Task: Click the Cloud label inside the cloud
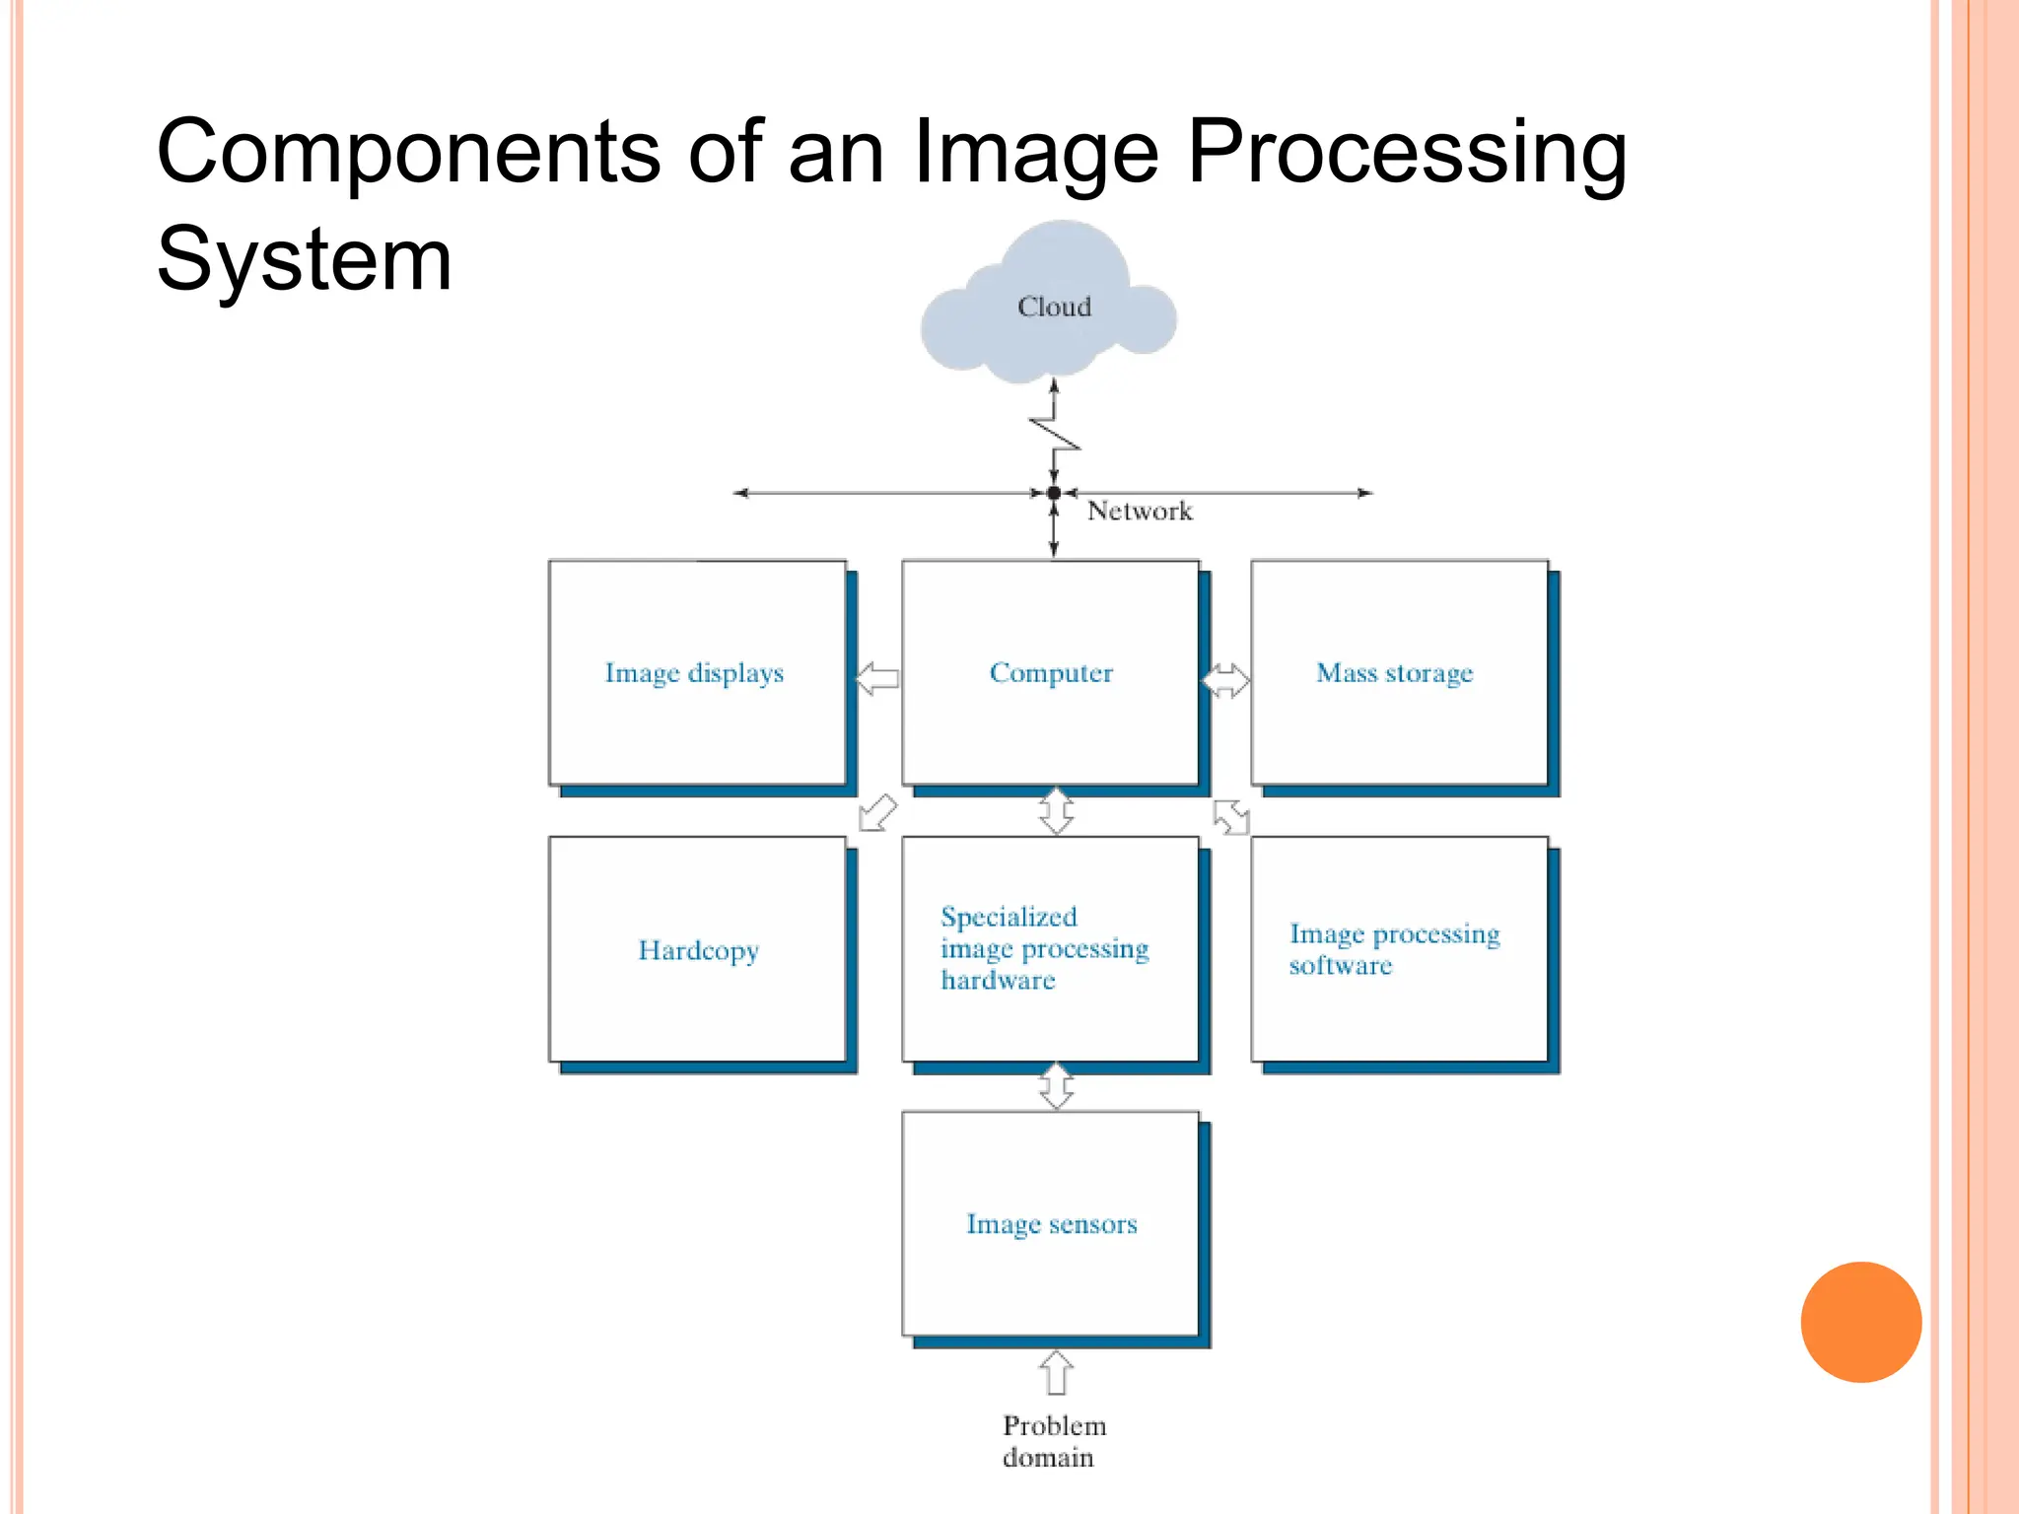coord(1054,307)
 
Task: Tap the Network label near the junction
coord(1139,511)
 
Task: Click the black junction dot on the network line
coord(1054,492)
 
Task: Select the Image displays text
coord(694,673)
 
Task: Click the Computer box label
coord(1051,673)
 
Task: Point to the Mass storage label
coord(1394,673)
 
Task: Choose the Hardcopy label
coord(698,950)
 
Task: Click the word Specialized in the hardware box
coord(1009,917)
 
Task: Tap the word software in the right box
coord(1341,965)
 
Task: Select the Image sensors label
coord(1051,1224)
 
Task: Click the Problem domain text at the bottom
coord(1052,1441)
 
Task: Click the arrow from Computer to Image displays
coord(876,678)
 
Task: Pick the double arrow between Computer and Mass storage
coord(1225,679)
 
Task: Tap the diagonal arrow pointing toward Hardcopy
coord(877,813)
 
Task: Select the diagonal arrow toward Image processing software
coord(1231,816)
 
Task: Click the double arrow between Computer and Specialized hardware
coord(1056,811)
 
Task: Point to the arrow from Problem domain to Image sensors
coord(1056,1372)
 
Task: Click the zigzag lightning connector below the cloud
coord(1055,435)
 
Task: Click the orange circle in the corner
coord(1860,1322)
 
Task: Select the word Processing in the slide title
coord(1407,152)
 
